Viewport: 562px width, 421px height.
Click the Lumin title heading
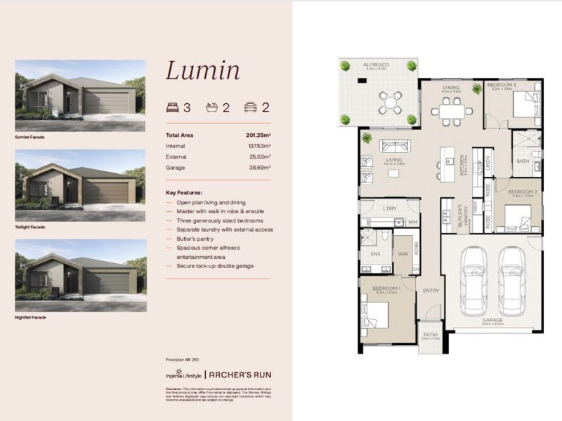[202, 70]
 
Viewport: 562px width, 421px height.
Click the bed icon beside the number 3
[173, 107]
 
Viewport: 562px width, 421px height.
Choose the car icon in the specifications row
[250, 107]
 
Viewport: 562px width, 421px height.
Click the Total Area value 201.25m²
[256, 135]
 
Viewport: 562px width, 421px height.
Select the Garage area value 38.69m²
[258, 168]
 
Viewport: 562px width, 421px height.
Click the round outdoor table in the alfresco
[389, 102]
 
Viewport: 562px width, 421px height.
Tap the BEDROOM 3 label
[502, 85]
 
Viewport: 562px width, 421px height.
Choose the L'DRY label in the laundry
[390, 209]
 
